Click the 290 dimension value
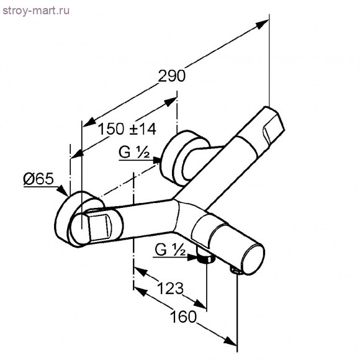click(172, 76)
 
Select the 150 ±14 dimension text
click(127, 129)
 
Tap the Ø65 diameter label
click(38, 178)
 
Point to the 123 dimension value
click(170, 288)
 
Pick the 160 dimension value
click(184, 317)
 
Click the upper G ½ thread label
click(134, 152)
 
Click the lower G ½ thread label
click(170, 250)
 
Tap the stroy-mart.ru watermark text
click(36, 11)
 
